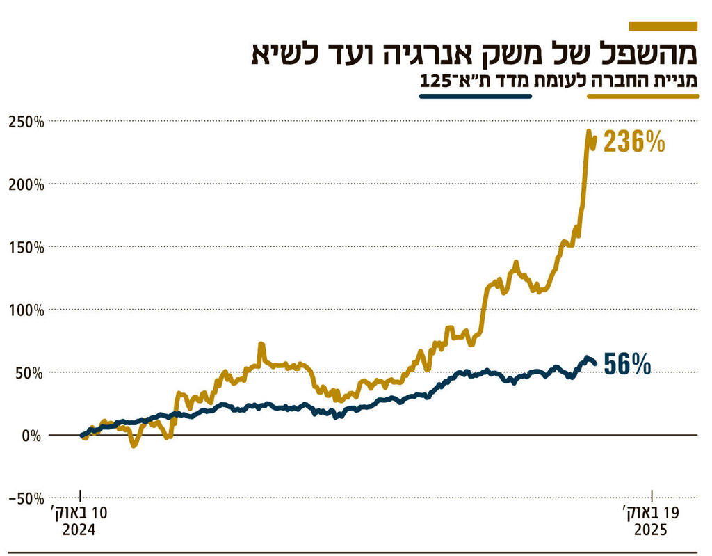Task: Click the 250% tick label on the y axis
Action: pos(26,122)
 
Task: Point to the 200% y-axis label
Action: pos(26,184)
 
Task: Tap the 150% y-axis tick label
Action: pos(26,248)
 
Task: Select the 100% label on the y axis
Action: pos(26,310)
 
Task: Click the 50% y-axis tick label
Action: pos(29,373)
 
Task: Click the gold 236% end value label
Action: pos(634,142)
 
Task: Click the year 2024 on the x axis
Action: pos(79,530)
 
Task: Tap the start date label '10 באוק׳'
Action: pos(80,514)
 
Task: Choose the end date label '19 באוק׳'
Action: pos(651,514)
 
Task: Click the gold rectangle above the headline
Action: pos(663,26)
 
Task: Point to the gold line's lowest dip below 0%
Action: pos(133,445)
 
